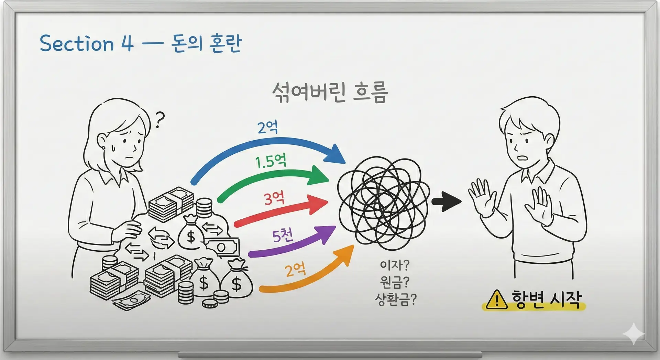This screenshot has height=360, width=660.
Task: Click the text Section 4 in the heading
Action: (86, 44)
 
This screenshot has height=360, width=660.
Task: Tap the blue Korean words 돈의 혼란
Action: (206, 44)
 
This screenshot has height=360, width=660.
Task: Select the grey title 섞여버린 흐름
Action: (330, 92)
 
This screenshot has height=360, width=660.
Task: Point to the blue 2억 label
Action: (268, 128)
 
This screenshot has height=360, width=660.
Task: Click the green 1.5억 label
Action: (271, 161)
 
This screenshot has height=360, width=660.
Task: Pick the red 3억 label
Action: (274, 198)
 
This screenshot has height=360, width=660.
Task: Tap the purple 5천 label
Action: (283, 236)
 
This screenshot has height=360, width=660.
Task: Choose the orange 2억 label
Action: (295, 270)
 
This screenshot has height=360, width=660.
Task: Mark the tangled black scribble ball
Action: (383, 203)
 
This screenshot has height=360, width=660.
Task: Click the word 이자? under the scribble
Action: (395, 265)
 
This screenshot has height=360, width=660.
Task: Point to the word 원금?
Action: (395, 282)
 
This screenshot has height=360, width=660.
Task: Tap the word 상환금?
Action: (395, 300)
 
